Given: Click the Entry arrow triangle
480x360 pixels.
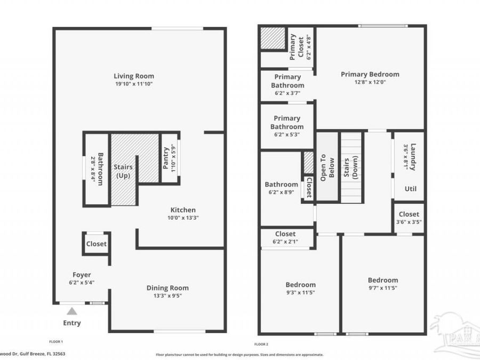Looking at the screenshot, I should coord(72,311).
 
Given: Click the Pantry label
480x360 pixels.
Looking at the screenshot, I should coord(166,158).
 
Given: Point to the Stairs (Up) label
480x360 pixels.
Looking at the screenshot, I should coord(123,171).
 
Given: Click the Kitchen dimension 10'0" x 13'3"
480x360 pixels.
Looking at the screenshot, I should coord(183,218).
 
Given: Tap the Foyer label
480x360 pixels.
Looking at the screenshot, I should coord(82,275).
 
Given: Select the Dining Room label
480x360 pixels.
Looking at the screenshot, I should coord(167,288).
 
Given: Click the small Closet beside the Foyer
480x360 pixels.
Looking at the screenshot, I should coord(97,244).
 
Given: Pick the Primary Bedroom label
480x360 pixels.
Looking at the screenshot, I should coord(370,74).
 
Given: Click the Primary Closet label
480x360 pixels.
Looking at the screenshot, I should coord(293,47).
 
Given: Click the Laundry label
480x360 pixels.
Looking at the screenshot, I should coord(412,157).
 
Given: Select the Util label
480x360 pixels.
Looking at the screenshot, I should coord(410,189).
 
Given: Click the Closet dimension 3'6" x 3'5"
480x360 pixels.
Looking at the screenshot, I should coord(409,222).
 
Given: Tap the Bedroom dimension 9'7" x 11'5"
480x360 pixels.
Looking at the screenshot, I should coord(382,288).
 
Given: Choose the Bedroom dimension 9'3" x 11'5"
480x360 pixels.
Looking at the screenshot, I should coord(300,293).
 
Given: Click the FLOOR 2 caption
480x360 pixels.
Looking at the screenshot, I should coord(261,344).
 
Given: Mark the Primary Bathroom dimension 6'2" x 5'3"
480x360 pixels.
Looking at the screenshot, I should coord(287,135).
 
